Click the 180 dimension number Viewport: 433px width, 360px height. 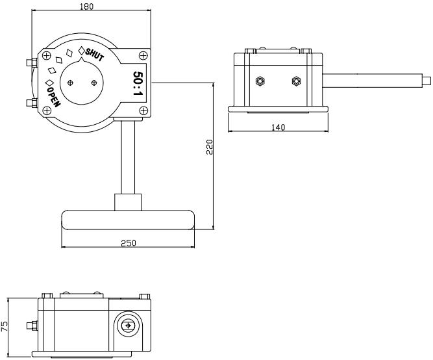[86, 6]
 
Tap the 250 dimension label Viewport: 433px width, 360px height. [127, 243]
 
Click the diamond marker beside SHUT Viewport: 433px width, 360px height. [82, 51]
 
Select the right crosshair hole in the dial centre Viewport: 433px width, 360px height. [95, 82]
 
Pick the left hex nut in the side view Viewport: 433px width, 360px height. [260, 81]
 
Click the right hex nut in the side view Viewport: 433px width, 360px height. [297, 81]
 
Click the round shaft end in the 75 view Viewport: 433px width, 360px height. [129, 326]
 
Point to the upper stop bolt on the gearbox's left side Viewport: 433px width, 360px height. [29, 62]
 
